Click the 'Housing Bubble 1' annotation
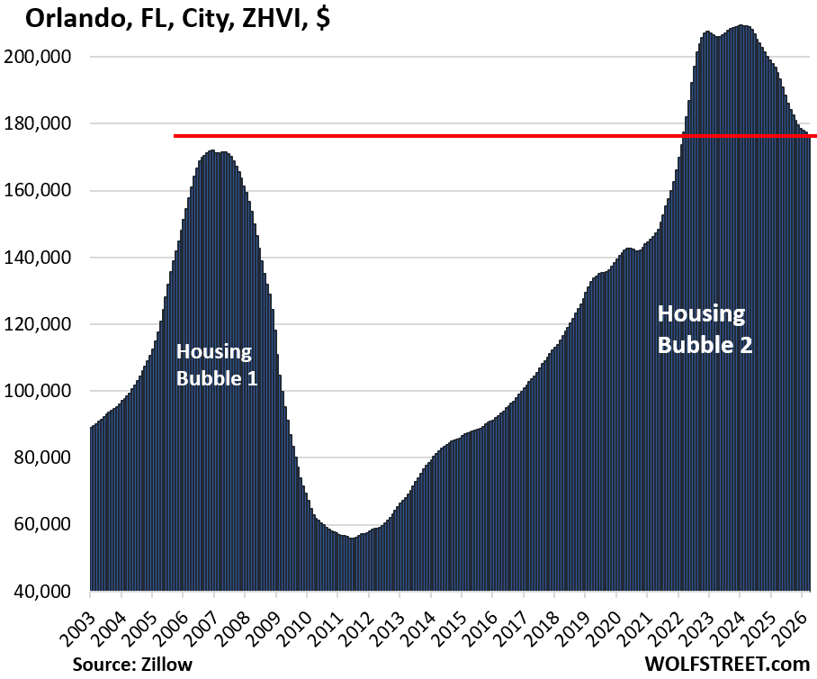pos(217,365)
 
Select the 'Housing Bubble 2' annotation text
pos(705,329)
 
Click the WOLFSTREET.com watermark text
pos(727,664)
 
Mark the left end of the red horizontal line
pos(175,136)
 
